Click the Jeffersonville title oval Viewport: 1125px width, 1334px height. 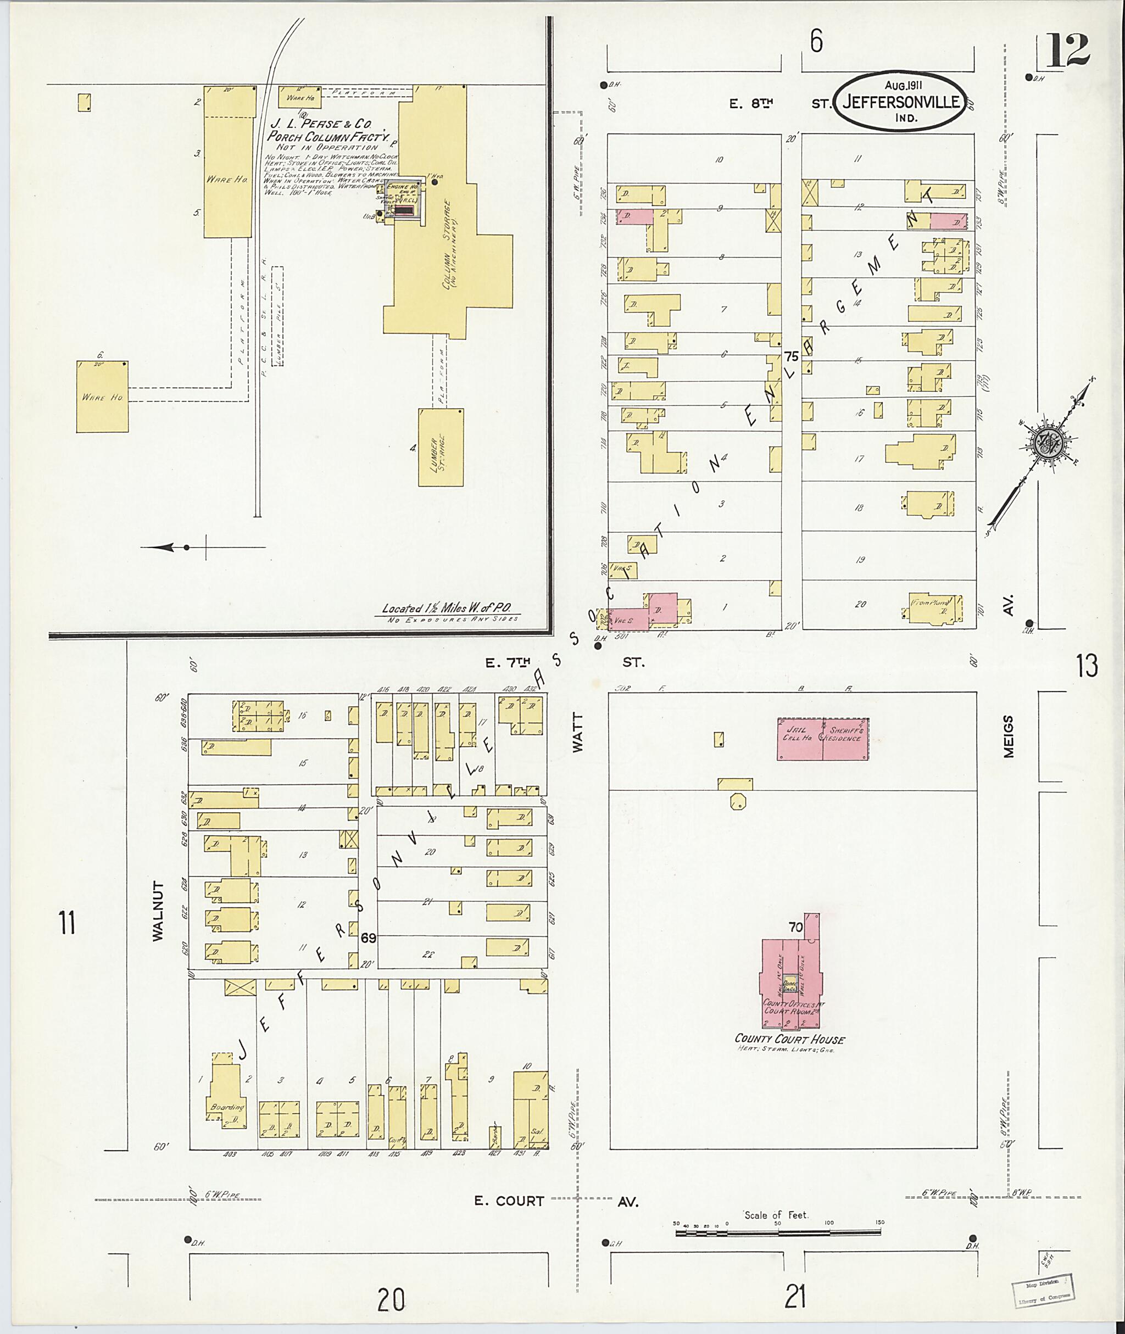point(902,102)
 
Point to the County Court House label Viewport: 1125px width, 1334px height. point(789,1039)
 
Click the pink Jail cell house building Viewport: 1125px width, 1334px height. point(799,739)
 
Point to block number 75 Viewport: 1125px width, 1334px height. point(792,356)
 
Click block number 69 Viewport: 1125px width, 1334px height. point(369,938)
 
